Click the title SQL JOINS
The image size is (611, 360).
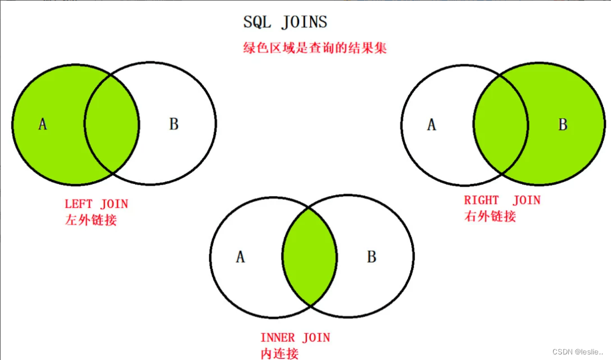285,22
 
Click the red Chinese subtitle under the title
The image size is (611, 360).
315,48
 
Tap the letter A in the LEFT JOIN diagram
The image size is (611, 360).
42,124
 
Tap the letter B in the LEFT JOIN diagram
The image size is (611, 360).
174,124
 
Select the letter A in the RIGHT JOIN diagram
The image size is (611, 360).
431,125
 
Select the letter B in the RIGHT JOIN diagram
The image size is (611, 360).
563,125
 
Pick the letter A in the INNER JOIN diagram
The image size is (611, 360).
240,257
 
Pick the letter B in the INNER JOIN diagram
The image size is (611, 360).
372,257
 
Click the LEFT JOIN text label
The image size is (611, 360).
96,205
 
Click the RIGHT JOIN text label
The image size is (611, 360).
502,201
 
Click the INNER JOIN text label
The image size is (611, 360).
295,338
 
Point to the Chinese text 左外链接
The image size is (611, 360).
91,220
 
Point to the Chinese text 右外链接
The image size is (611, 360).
490,216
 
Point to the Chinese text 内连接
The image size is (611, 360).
280,353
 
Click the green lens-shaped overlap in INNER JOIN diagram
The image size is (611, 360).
310,257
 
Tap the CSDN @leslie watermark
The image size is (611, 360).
578,352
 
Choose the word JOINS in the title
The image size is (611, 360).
304,22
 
